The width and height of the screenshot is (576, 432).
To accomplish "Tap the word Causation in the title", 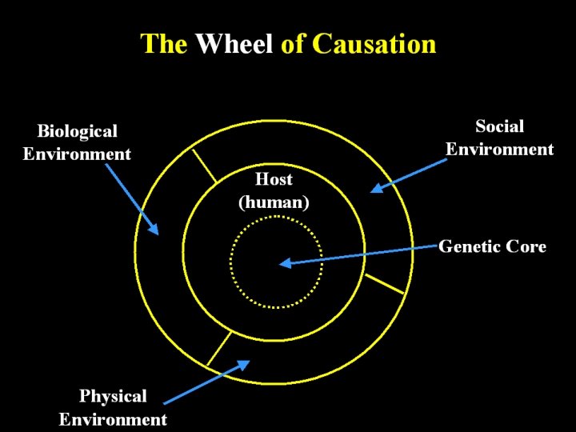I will point(374,43).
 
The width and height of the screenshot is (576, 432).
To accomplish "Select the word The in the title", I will point(164,43).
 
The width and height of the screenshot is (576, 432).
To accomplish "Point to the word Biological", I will point(77,131).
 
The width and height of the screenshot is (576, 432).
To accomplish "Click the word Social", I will point(499,126).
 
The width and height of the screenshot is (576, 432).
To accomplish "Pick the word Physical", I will point(113,396).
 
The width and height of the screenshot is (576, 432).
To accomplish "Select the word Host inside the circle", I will point(274,179).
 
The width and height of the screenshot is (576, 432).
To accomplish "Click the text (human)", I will point(274,202).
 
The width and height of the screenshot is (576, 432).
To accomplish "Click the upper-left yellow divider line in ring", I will point(204,166).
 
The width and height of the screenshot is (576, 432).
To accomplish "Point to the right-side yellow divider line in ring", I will point(383,282).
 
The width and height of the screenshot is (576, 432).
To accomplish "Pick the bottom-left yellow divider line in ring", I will point(218,348).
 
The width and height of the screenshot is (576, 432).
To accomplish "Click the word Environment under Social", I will point(499,150).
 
